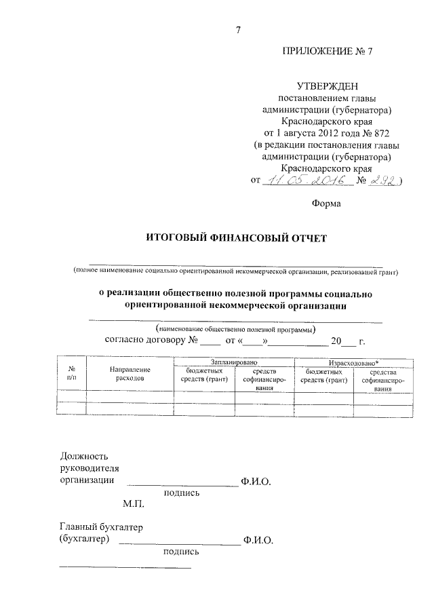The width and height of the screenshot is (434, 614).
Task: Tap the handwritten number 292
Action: [x=384, y=180]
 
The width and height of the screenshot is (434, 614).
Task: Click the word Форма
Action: [x=327, y=203]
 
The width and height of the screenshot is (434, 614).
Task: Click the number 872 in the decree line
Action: [x=380, y=132]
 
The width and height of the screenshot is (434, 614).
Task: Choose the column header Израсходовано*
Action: [x=353, y=364]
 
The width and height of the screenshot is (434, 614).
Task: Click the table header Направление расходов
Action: [x=130, y=374]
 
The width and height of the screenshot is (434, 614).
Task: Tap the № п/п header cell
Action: [x=72, y=374]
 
